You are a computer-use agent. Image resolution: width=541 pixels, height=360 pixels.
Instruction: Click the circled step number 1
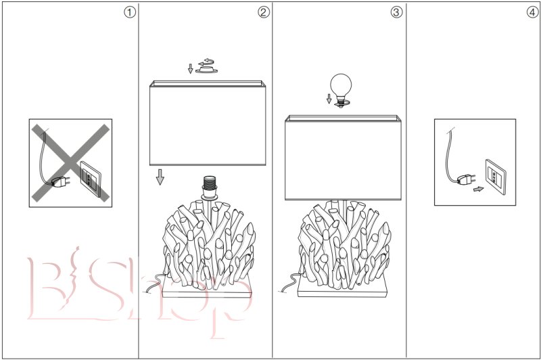(x=130, y=12)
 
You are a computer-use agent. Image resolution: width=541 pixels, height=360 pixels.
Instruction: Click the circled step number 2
(x=263, y=12)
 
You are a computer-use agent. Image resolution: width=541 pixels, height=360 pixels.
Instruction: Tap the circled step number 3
(x=396, y=12)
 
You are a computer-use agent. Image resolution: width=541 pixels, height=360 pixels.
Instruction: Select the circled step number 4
(x=532, y=12)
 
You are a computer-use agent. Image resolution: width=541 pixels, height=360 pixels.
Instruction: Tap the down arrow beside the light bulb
(x=329, y=99)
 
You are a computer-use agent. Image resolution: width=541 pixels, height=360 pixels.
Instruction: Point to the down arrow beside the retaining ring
(x=190, y=68)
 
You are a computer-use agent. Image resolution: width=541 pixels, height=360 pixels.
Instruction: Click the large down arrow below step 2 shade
(x=160, y=177)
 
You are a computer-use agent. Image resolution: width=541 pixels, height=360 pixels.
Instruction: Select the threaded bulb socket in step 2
(x=210, y=187)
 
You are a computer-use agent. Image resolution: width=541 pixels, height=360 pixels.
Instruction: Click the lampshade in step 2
(x=208, y=123)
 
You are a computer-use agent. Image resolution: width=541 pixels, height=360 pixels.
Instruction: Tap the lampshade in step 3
(x=343, y=158)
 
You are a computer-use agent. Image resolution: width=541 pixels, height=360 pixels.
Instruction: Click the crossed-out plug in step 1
(x=60, y=181)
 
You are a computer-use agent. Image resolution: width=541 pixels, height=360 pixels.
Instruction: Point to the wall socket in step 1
(x=91, y=178)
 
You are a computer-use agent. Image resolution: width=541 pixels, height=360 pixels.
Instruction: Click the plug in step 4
(x=466, y=179)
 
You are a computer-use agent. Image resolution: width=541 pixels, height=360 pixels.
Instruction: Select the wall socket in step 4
(x=496, y=177)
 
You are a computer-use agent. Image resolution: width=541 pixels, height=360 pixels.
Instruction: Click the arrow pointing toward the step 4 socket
(x=478, y=189)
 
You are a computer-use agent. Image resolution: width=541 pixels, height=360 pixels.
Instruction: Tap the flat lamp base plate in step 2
(x=207, y=288)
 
